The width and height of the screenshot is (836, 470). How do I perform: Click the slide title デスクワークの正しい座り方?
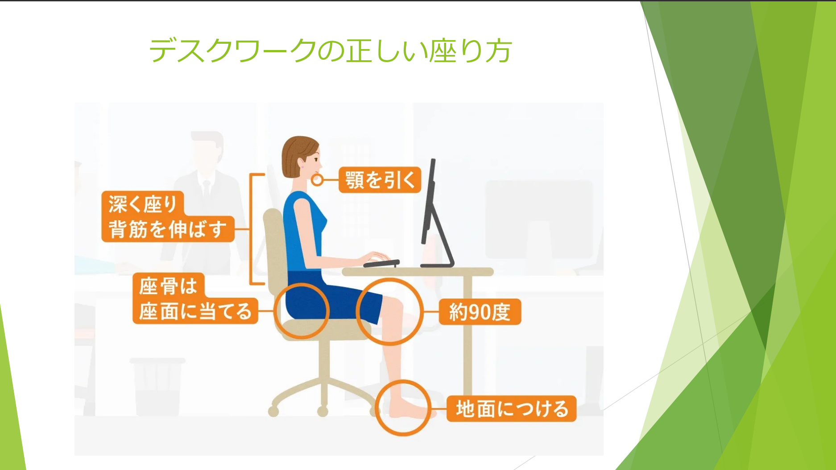click(x=330, y=50)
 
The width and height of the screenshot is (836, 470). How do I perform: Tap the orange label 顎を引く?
click(x=380, y=180)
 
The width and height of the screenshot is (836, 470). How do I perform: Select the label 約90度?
click(x=480, y=312)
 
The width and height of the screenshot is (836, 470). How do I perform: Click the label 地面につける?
click(x=512, y=408)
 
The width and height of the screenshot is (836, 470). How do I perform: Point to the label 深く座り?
click(x=143, y=204)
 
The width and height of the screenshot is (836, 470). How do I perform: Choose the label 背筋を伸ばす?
click(x=168, y=229)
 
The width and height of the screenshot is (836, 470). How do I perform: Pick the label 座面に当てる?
click(x=195, y=311)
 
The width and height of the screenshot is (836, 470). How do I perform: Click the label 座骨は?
click(x=169, y=286)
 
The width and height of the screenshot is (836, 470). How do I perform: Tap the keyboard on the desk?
click(x=381, y=263)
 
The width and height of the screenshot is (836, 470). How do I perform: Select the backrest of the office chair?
click(x=273, y=245)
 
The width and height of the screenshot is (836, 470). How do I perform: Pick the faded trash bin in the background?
click(x=157, y=386)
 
